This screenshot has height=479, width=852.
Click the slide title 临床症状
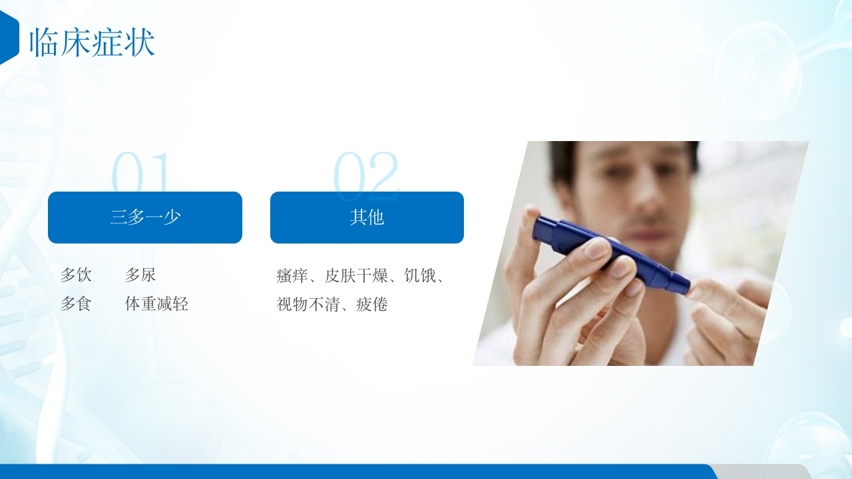pyautogui.click(x=92, y=43)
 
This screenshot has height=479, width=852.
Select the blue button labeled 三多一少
pyautogui.click(x=145, y=218)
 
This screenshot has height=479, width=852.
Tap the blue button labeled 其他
pyautogui.click(x=367, y=218)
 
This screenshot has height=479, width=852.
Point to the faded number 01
pyautogui.click(x=142, y=172)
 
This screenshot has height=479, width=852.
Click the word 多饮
pyautogui.click(x=76, y=275)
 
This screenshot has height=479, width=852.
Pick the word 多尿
pyautogui.click(x=140, y=275)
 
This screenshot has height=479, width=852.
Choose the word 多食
pyautogui.click(x=76, y=304)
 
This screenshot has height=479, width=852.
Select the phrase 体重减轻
pyautogui.click(x=157, y=304)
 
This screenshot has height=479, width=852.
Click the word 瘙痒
pyautogui.click(x=292, y=275)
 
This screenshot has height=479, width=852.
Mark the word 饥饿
pyautogui.click(x=420, y=275)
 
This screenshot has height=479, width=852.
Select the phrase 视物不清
pyautogui.click(x=308, y=305)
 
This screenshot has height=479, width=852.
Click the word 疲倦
pyautogui.click(x=372, y=305)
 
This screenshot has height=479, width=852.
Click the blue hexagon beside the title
pyautogui.click(x=8, y=38)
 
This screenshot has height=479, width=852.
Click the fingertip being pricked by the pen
pyautogui.click(x=699, y=290)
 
